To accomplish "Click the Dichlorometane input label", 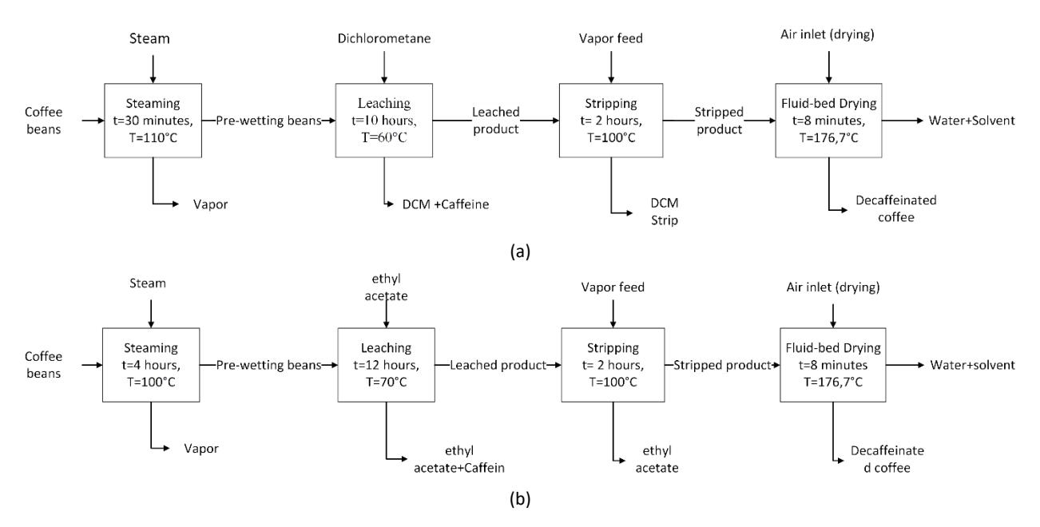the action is coord(384,38).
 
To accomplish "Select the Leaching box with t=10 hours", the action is coord(384,121).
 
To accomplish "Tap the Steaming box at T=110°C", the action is coord(153,121).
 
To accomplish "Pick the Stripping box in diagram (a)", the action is coord(611,121).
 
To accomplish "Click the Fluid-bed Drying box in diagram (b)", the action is coord(833,365).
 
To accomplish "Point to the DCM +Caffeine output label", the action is coord(446,204).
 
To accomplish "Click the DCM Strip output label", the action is coord(665,212).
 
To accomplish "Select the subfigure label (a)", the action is coord(520,252).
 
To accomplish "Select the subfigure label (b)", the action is coord(520,499).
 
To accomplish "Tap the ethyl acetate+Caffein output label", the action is coord(459,459).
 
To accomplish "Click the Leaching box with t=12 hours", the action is coord(387,365).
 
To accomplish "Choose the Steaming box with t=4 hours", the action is coord(151,365).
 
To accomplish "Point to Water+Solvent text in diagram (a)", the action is coord(972,121).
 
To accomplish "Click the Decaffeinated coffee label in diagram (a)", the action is coord(896,208).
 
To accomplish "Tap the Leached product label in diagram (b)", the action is coord(498,365).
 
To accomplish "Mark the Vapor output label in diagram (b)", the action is coord(201,449).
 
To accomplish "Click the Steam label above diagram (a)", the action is coord(149,38).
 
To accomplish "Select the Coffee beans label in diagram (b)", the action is coord(44,365).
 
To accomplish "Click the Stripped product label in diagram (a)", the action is coord(719,121).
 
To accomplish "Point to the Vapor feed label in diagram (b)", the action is coord(613,287).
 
